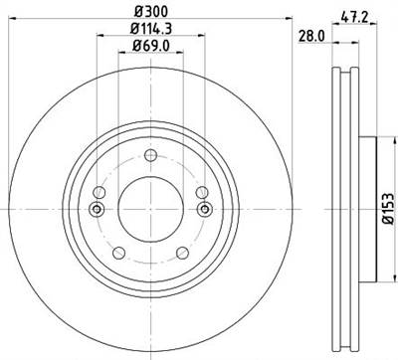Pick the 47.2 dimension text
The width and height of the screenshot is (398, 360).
[x=348, y=15]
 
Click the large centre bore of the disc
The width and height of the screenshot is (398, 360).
[x=149, y=208]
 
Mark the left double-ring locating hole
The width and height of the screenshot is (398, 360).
[x=96, y=208]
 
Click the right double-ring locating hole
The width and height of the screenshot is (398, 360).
[x=204, y=208]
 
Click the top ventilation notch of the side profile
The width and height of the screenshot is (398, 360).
[x=344, y=70]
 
